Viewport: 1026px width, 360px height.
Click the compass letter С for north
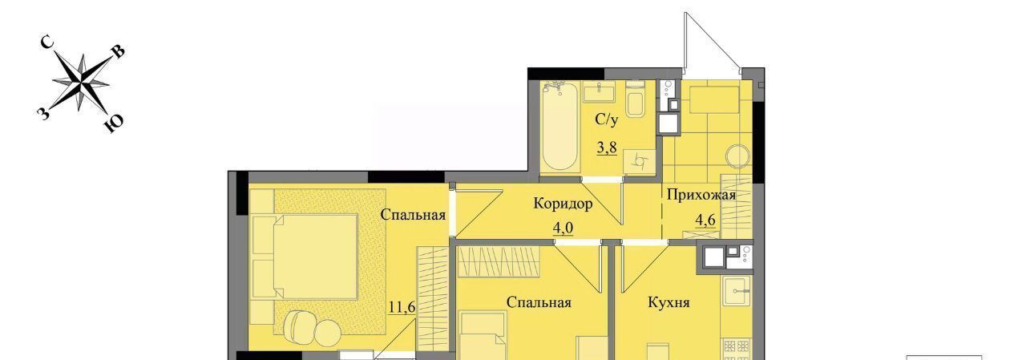47,42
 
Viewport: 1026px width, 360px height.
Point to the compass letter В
118,51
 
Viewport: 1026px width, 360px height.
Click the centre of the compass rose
81,83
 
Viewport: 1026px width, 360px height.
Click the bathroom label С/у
607,119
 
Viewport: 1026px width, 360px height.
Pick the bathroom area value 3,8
607,148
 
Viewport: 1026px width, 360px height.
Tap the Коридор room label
563,204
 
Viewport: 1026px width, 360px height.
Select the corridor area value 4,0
563,227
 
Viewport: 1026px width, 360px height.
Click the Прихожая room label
701,195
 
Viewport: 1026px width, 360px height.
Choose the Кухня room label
669,302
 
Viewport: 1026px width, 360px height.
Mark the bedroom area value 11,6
402,306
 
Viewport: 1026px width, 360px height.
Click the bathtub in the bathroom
559,126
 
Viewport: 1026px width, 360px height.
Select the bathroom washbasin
600,92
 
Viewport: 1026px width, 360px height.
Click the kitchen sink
737,290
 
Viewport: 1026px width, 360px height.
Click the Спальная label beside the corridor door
413,214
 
